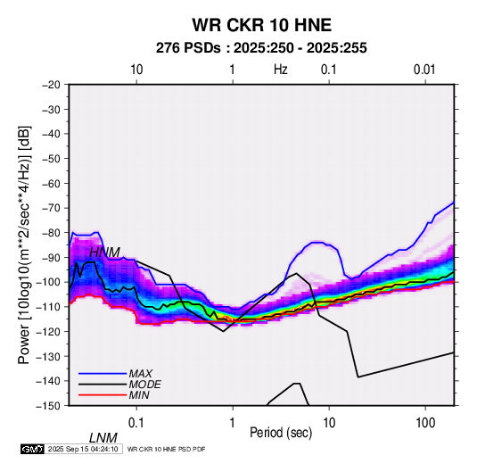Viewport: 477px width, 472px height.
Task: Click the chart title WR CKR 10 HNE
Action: coord(261,25)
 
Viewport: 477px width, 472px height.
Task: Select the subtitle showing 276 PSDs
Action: coord(261,48)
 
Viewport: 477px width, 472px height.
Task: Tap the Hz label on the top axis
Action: coord(280,70)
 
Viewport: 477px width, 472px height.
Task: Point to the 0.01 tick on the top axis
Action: coord(424,70)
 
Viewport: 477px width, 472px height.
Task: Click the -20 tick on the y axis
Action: coord(51,85)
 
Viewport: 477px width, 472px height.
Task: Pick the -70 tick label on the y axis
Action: coord(51,208)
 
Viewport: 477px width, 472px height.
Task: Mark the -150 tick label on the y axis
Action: coord(49,406)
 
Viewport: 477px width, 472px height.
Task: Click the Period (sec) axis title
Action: coord(281,433)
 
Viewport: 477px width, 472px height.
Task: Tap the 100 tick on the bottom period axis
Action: coord(425,423)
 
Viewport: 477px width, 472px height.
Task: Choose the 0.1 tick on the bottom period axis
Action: coord(136,423)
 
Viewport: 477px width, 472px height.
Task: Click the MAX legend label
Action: coord(140,374)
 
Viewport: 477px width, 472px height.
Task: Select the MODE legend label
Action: coord(144,385)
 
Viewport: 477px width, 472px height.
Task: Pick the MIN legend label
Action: coord(139,395)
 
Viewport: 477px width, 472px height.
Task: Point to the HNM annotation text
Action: coord(104,253)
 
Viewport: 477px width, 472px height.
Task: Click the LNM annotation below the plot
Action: coord(103,438)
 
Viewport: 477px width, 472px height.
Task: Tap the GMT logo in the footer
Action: coord(33,449)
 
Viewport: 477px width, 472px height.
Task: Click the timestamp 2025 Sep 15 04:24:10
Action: coord(83,449)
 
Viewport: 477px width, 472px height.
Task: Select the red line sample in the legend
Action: coord(103,395)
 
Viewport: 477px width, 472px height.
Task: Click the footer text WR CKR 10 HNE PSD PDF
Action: coord(166,449)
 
